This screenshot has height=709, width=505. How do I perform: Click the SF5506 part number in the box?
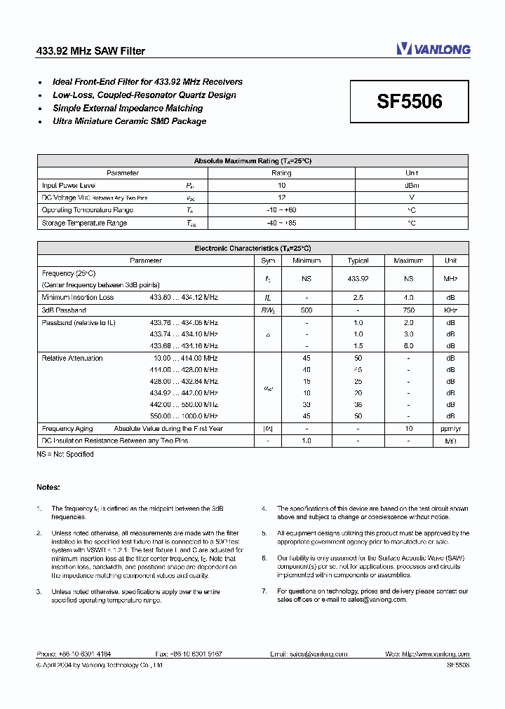[x=410, y=102]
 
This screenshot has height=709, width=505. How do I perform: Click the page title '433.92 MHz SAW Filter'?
[x=90, y=51]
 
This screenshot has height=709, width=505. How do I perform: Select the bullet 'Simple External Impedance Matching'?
[x=128, y=108]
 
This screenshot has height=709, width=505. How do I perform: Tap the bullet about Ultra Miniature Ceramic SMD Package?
[x=129, y=121]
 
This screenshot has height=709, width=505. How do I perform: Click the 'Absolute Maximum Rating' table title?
[x=252, y=160]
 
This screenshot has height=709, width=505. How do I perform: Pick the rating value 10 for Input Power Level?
[x=281, y=186]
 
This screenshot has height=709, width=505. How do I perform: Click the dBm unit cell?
[x=412, y=186]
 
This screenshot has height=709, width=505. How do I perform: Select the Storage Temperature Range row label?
[x=84, y=223]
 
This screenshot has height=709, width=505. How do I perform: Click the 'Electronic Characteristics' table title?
[x=252, y=248]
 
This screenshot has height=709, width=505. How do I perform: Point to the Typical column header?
[x=358, y=261]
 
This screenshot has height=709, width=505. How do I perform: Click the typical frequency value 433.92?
[x=358, y=279]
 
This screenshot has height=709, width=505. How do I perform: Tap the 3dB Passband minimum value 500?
[x=307, y=310]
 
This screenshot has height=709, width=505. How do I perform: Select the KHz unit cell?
[x=450, y=310]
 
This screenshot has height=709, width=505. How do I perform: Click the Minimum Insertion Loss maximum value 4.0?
[x=408, y=298]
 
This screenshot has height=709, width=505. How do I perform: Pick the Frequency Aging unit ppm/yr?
[x=450, y=428]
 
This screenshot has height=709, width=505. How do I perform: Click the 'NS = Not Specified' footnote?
[x=65, y=454]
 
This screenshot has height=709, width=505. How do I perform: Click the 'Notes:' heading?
[x=48, y=487]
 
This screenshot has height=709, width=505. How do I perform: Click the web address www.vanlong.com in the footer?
[x=436, y=654]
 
